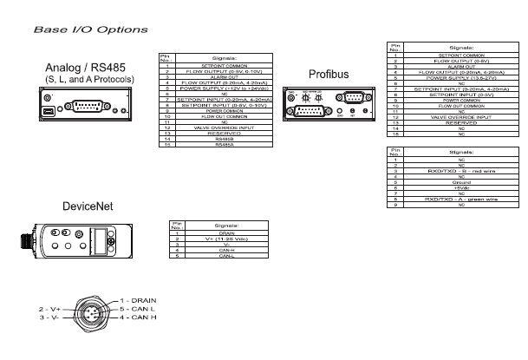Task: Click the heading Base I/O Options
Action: (90, 29)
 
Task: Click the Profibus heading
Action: (329, 74)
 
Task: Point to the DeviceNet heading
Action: (89, 206)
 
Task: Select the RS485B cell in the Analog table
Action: (225, 138)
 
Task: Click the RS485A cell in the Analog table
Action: (225, 144)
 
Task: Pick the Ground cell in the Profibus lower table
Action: (460, 183)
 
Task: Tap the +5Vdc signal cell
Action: (460, 188)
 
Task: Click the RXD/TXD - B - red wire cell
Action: (460, 172)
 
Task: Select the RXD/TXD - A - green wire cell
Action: (460, 200)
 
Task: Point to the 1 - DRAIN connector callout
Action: (137, 299)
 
